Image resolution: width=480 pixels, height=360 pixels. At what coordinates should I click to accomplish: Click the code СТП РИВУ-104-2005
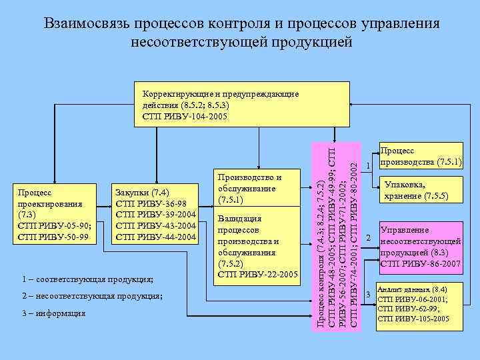click(184, 116)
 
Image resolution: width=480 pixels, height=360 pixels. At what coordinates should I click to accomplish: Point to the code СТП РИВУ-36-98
click(155, 204)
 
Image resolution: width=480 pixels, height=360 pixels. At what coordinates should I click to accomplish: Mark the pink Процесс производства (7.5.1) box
click(420, 157)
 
